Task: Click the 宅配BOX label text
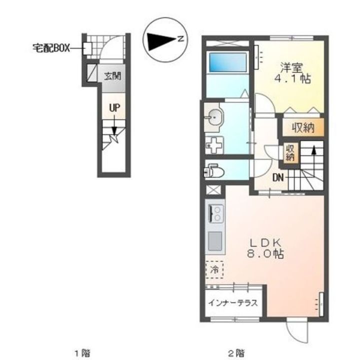coord(51,48)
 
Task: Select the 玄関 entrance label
coord(112,76)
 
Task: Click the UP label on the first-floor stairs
coord(114,107)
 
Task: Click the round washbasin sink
coord(214,117)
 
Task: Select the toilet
coord(213,170)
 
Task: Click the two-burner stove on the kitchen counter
coord(216,213)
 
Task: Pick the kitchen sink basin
coord(215,241)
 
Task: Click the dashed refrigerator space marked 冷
coord(214,270)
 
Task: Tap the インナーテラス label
coord(233,303)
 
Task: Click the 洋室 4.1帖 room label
coord(292,73)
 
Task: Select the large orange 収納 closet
coord(303,127)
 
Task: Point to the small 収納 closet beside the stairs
coord(290,153)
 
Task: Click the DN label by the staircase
coord(278,177)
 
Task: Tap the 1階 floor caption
coord(82,352)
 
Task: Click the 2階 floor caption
coord(236,352)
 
